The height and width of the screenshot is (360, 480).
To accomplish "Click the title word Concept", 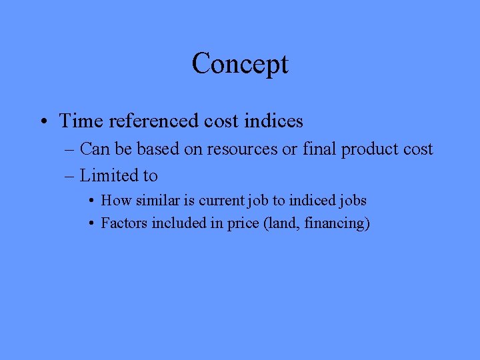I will [x=240, y=64].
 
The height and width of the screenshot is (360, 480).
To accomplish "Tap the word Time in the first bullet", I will [x=77, y=121].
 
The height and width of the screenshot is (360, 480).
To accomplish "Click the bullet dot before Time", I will [x=43, y=121].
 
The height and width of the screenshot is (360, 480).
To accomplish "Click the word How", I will [x=113, y=200].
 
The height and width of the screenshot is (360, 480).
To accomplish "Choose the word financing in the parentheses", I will [x=336, y=223].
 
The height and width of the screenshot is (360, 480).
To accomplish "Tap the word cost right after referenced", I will [x=221, y=121].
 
